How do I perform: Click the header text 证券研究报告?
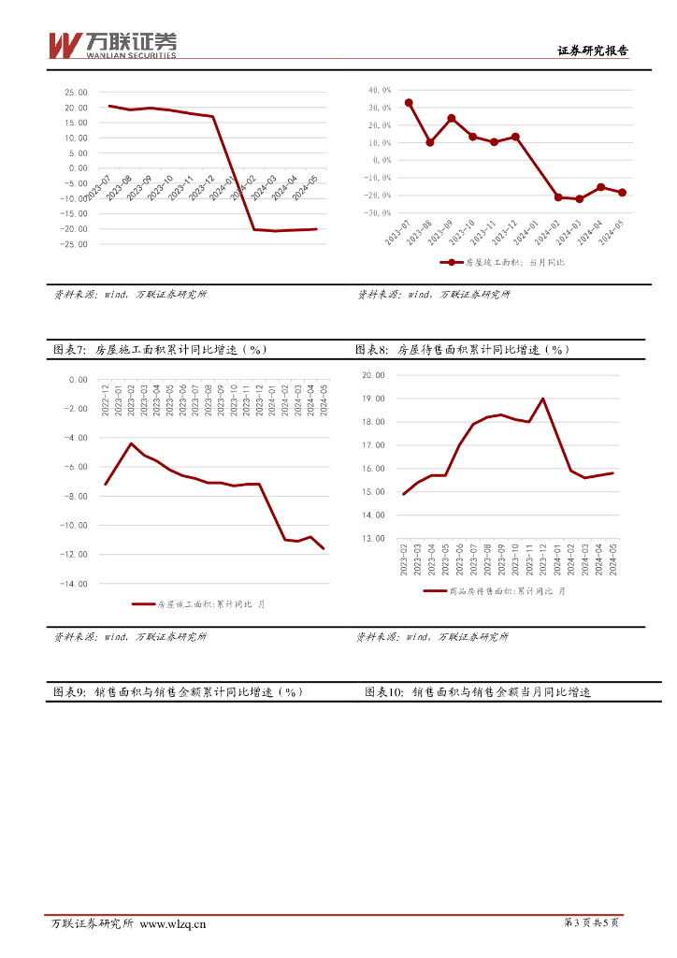click(592, 51)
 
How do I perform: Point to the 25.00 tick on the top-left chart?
click(76, 93)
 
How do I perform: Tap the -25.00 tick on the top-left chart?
click(74, 244)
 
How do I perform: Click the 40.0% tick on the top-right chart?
click(381, 91)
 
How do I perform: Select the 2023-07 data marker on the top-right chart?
click(409, 103)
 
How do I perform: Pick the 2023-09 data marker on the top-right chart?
click(451, 119)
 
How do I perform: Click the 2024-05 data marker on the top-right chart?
click(622, 192)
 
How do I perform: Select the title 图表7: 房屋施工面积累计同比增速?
click(160, 350)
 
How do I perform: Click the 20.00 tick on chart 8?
click(374, 375)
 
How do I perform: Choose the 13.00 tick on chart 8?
click(374, 538)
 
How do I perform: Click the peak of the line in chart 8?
click(543, 399)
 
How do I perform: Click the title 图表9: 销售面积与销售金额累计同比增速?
click(178, 692)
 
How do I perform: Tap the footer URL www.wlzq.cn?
click(173, 924)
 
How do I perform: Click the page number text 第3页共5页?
click(592, 923)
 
